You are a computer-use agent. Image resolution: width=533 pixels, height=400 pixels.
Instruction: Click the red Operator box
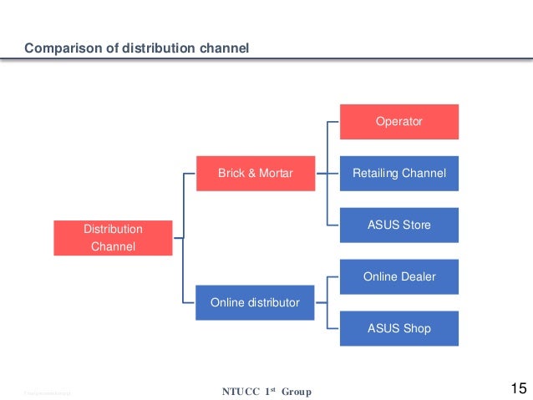pos(398,121)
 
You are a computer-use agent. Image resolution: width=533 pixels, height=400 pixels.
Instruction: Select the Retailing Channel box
pos(398,174)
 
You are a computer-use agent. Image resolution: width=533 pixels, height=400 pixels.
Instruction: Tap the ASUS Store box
pos(398,225)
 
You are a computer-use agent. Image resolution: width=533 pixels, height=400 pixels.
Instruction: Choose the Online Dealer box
pos(398,276)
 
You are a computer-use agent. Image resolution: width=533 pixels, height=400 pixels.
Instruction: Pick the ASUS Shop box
pos(398,328)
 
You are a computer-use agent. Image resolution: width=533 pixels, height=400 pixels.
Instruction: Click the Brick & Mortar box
pos(256,174)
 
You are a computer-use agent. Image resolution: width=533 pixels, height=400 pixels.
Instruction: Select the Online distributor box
pos(255,302)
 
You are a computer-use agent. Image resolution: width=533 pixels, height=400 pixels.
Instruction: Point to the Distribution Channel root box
pos(113,238)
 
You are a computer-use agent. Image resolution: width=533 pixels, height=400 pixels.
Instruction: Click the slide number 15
pos(517,388)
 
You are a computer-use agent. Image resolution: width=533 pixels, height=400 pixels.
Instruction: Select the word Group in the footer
pos(296,391)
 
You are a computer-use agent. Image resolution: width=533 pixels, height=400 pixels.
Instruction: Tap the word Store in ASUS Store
pos(415,225)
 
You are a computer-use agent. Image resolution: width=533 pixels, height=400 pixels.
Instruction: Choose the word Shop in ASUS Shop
pos(416,328)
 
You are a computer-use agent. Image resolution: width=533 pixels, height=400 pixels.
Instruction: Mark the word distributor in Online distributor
pos(273,302)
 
